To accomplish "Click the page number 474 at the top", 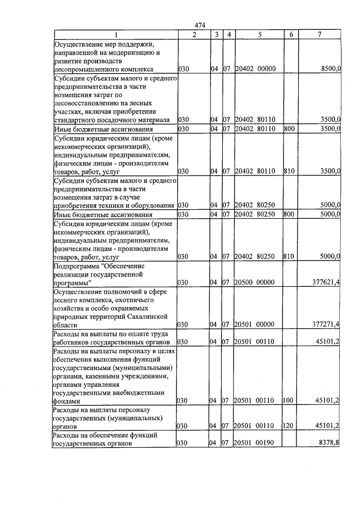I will click(199, 25).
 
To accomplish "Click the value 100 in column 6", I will click(289, 401).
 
